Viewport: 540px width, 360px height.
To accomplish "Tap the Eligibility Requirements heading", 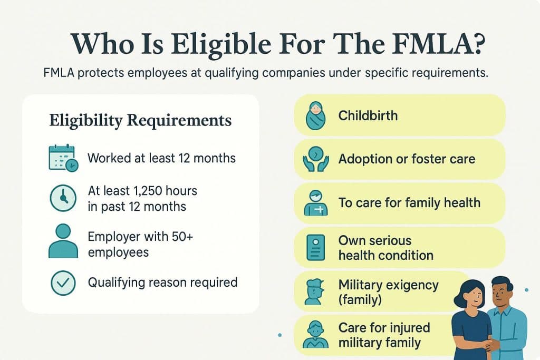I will (x=140, y=120).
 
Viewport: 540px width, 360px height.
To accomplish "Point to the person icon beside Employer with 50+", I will (x=63, y=240).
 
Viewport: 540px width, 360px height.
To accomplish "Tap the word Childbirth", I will (x=368, y=115).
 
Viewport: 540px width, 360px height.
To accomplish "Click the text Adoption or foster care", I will (x=407, y=159).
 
